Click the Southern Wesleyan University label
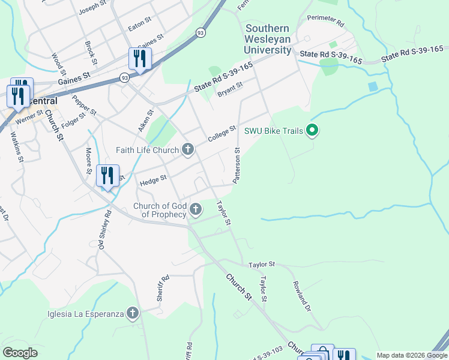click(268, 39)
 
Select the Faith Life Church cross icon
click(188, 150)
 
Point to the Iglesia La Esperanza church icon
click(133, 313)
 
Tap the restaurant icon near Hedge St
click(107, 175)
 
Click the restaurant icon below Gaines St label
click(139, 58)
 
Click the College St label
click(222, 134)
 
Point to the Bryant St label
click(230, 89)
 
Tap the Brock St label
click(91, 52)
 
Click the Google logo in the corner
click(20, 353)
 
